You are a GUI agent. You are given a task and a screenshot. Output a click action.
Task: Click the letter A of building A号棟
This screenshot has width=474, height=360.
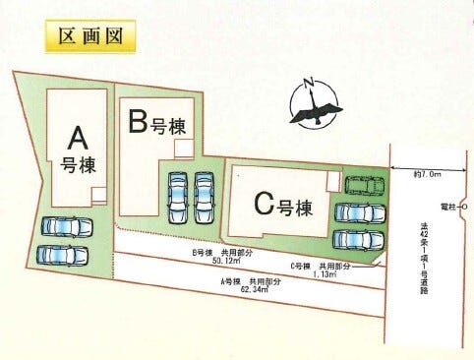(x=75, y=135)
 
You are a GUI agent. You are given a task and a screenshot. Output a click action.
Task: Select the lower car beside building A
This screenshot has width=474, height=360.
(x=62, y=255)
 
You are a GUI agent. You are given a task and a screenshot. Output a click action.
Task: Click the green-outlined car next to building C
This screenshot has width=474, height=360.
(x=366, y=185)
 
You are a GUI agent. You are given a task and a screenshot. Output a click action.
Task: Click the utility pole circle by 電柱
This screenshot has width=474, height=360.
(x=464, y=207)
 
